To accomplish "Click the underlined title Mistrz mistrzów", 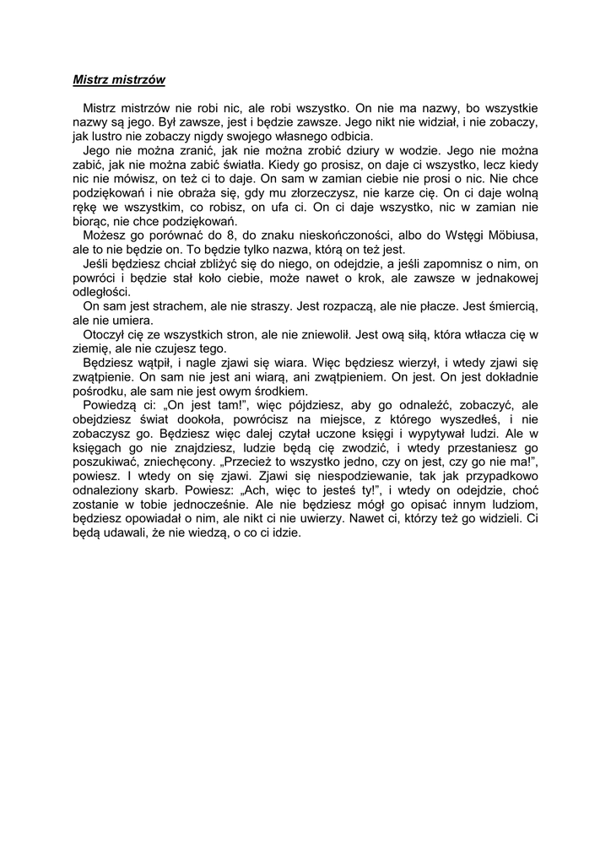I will click(x=118, y=80).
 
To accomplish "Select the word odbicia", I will click(x=348, y=136).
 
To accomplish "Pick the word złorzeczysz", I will click(x=319, y=193).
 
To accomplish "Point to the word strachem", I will click(x=164, y=306).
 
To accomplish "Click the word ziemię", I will click(x=91, y=348).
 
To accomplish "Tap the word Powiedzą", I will click(x=110, y=405).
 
